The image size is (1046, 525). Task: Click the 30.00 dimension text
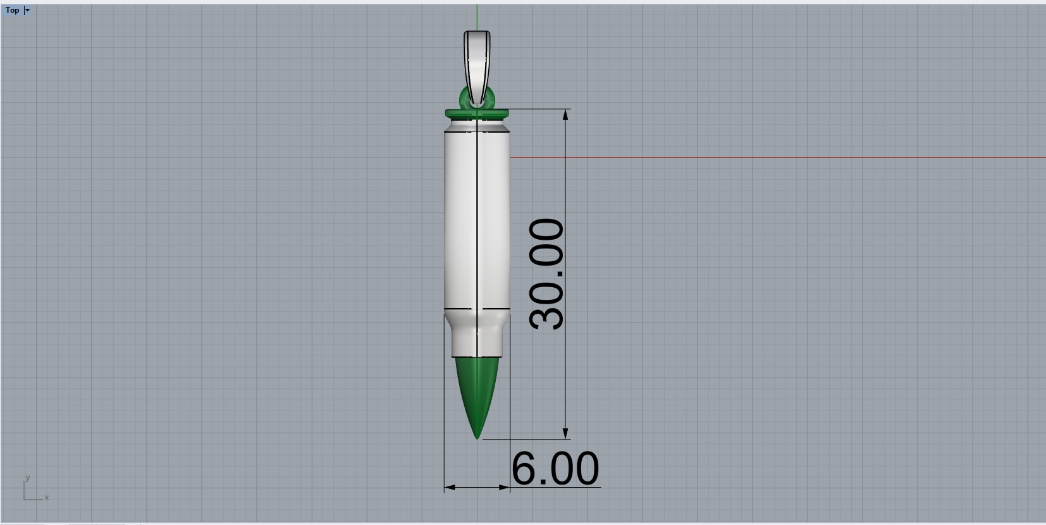tap(547, 274)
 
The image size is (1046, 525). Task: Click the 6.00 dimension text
tap(555, 469)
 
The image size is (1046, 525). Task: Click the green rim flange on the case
tap(477, 114)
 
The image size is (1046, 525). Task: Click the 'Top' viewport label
tap(12, 10)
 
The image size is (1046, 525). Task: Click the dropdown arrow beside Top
tap(27, 10)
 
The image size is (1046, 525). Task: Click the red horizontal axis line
tap(759, 157)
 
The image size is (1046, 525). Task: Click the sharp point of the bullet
tap(477, 437)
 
